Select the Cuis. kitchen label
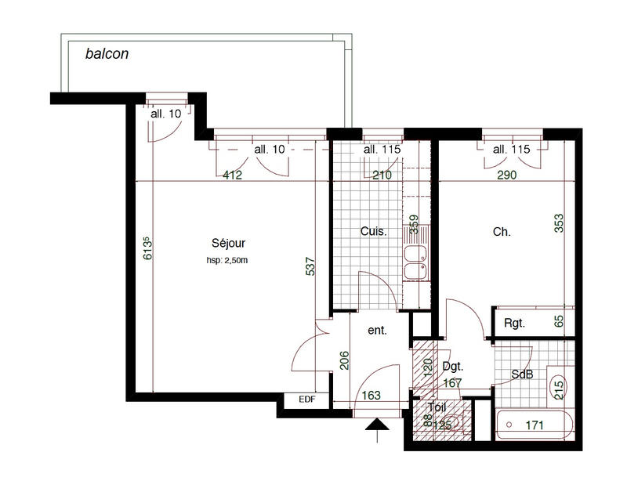(x=373, y=232)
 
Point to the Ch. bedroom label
(x=502, y=232)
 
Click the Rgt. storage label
(x=514, y=323)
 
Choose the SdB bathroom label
(x=522, y=374)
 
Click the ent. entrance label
(x=378, y=331)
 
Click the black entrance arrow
(x=377, y=425)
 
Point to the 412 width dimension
(x=233, y=175)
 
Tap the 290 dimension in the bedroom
(x=507, y=175)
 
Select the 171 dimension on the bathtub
(x=535, y=425)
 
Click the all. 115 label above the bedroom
(x=511, y=149)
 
